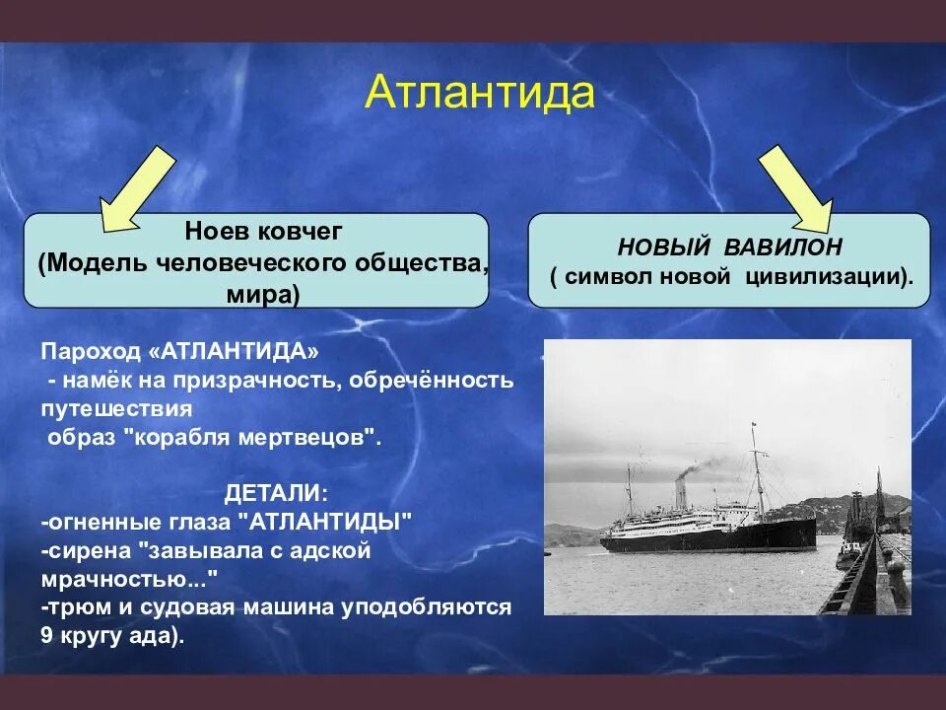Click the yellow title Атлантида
[x=480, y=93]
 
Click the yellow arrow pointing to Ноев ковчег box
[x=138, y=189]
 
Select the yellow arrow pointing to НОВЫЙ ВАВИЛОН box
[x=796, y=189]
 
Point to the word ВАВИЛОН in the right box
[x=782, y=247]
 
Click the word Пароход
[x=91, y=351]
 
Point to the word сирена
[x=91, y=551]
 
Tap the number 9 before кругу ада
[x=47, y=636]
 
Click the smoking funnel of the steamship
[x=681, y=495]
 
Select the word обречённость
[x=431, y=381]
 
